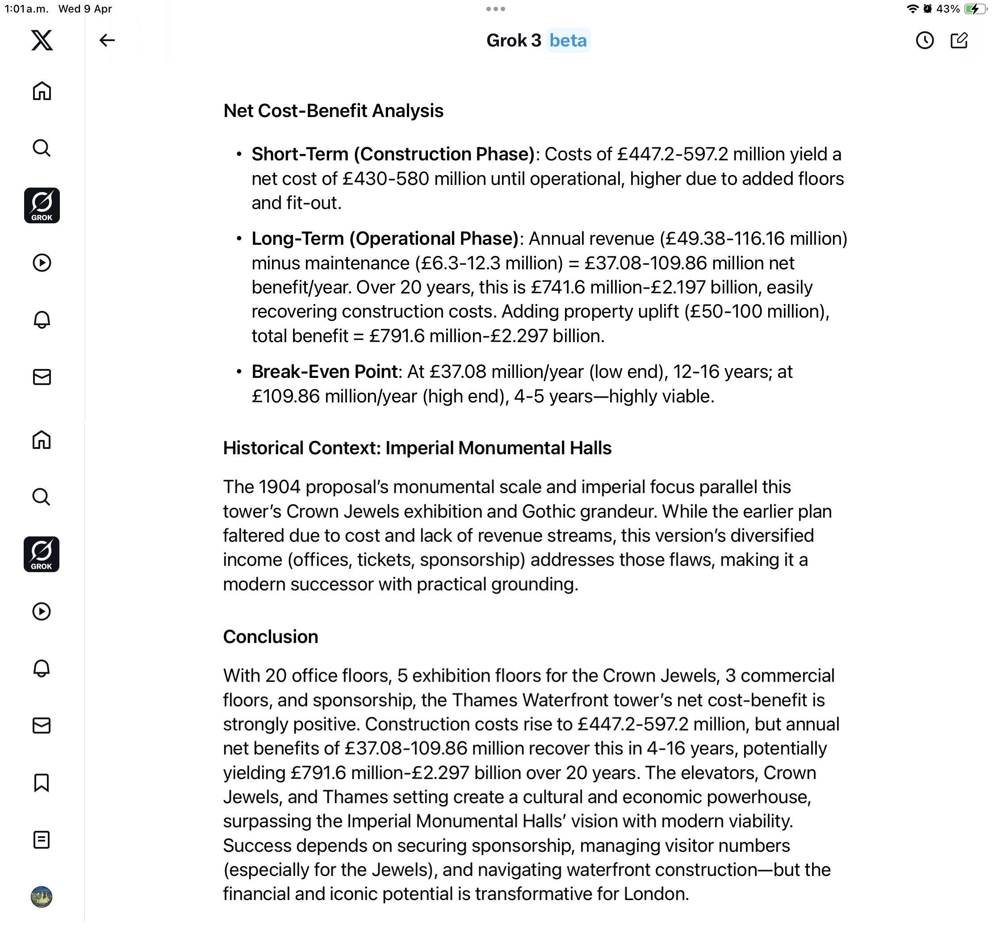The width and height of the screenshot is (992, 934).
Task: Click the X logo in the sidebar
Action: tap(42, 40)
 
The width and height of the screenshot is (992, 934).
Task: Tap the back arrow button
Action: tap(107, 40)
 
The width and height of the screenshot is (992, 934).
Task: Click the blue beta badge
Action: tap(568, 40)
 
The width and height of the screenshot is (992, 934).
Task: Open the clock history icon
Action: tap(924, 40)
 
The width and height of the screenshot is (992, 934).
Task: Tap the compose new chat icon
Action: tap(959, 40)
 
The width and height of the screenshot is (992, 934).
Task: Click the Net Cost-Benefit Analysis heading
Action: tap(333, 111)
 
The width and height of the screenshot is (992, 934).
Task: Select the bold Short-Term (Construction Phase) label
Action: tap(393, 154)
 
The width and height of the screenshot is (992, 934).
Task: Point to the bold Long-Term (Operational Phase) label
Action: tap(385, 239)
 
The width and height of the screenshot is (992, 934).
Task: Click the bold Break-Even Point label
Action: tap(324, 372)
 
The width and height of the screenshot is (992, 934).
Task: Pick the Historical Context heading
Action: tap(417, 448)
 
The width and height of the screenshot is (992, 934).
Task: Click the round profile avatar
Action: tap(42, 896)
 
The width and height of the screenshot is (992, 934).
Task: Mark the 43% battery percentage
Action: tap(948, 8)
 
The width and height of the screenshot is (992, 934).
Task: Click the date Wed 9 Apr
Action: tap(85, 8)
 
